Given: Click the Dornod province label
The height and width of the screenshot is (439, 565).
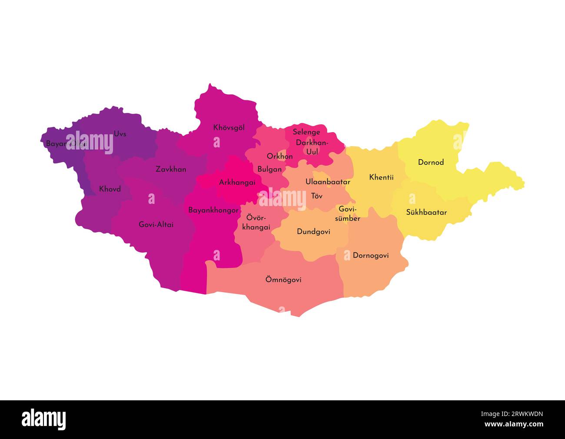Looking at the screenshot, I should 431,163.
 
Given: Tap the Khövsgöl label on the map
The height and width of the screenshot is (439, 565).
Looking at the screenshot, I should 229,128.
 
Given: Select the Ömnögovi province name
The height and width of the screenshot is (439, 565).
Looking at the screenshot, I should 283,280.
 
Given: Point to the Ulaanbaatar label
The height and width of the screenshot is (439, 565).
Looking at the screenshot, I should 327,182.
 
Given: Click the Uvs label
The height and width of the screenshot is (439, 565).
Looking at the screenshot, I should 120,134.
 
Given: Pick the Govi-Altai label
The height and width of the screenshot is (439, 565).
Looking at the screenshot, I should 156,225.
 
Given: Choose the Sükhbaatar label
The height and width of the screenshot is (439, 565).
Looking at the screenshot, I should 426,213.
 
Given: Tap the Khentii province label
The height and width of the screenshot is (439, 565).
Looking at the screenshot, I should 381,177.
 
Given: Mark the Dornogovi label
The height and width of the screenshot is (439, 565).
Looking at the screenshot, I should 370,256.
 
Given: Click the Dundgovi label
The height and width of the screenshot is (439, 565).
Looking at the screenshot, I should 313,232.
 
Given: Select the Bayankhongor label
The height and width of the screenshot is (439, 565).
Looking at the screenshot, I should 213,210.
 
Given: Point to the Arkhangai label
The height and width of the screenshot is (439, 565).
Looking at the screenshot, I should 237,183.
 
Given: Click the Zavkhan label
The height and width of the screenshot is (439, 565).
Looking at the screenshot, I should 171,169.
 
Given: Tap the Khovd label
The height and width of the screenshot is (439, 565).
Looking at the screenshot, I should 110,189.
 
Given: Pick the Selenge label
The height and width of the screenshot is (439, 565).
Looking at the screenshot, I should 306,132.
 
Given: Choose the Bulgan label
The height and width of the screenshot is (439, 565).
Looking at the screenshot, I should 269,169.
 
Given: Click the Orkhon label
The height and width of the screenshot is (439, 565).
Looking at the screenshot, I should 279,156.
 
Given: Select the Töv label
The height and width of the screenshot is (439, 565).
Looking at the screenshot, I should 317,196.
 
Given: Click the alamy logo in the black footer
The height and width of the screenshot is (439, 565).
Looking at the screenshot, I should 44,419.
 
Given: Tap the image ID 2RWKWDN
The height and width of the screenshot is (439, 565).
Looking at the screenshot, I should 519,414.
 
